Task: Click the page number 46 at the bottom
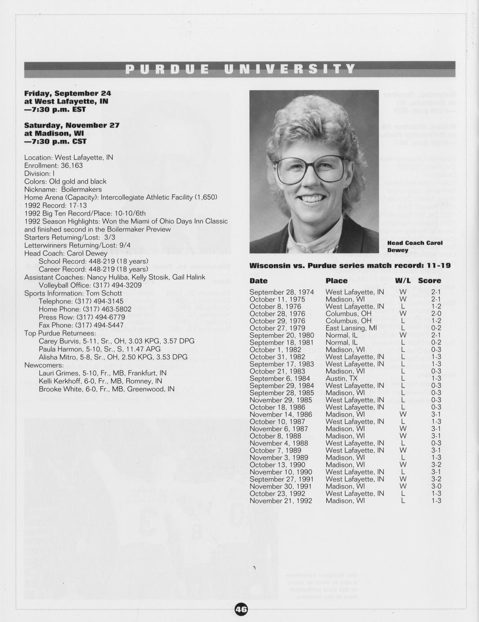pyautogui.click(x=241, y=609)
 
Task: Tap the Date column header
pyautogui.click(x=258, y=281)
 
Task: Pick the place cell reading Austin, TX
pyautogui.click(x=341, y=379)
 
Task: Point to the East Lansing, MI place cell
pyautogui.click(x=351, y=328)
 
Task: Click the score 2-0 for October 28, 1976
pyautogui.click(x=436, y=314)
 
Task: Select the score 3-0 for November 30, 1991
pyautogui.click(x=436, y=486)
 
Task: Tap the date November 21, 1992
pyautogui.click(x=280, y=501)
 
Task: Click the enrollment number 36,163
pyautogui.click(x=72, y=165)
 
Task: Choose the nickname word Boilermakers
pyautogui.click(x=81, y=189)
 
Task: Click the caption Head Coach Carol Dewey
pyautogui.click(x=414, y=246)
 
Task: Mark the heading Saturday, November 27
pyautogui.click(x=72, y=125)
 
